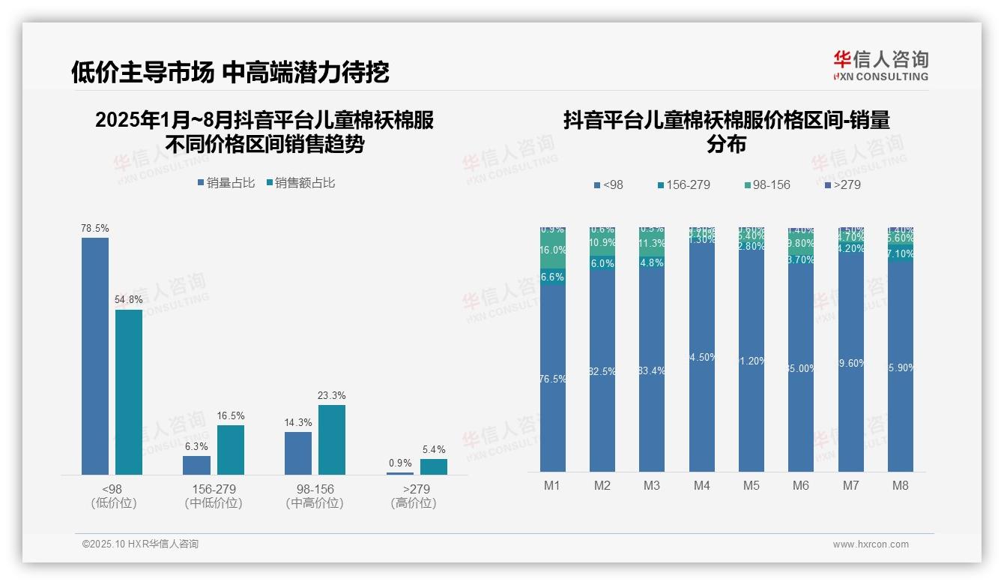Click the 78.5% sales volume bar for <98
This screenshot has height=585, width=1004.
95,355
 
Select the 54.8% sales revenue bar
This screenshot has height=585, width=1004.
129,391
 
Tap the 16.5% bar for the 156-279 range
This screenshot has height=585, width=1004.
231,449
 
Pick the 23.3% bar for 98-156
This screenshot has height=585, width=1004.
332,439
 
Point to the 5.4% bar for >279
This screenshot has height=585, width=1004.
434,466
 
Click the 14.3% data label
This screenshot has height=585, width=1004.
298,423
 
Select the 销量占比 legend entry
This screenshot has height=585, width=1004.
226,183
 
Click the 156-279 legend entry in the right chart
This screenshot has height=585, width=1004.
683,184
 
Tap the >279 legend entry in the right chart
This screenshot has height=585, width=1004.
842,184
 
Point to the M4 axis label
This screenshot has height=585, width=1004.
701,485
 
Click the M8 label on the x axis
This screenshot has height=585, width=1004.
901,485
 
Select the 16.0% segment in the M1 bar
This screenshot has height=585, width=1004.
553,250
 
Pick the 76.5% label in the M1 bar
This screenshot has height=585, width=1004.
553,379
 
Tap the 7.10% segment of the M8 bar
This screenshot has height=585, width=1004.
901,254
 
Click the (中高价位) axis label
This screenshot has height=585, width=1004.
315,503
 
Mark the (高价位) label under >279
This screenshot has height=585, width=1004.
414,503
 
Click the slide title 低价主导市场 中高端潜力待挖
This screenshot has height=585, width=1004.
230,72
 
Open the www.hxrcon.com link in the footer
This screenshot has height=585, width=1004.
871,544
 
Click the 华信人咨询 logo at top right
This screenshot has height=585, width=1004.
881,65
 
